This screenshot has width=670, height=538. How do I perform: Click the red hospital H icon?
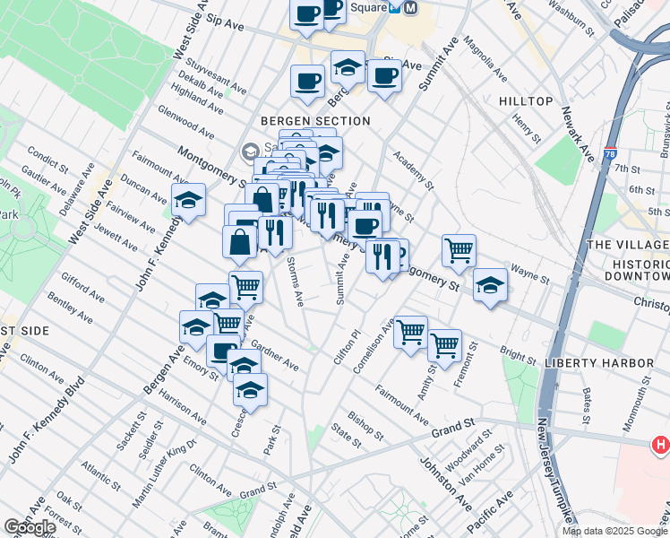[661, 444]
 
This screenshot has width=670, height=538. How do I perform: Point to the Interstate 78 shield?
[610, 154]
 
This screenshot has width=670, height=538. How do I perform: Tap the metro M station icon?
[412, 6]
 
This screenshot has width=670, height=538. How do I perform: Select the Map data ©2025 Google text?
[614, 531]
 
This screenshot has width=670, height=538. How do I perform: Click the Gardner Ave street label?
[275, 355]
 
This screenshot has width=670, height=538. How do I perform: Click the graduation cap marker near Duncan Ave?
[189, 200]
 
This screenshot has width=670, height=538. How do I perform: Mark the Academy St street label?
[412, 170]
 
